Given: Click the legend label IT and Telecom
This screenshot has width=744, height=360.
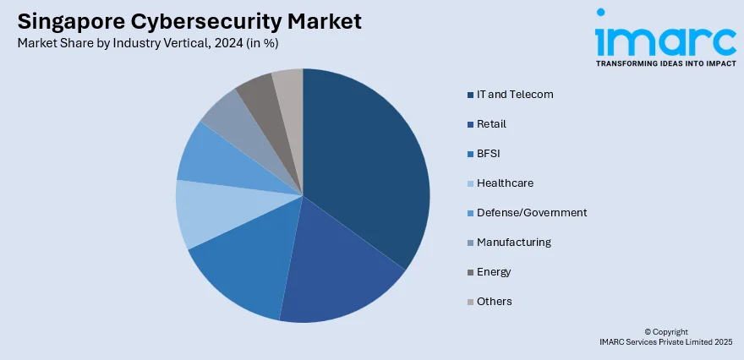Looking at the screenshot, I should [x=514, y=94].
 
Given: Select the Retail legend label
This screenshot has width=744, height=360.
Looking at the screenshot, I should [x=491, y=123].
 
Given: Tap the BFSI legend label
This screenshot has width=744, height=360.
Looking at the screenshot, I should [x=489, y=153].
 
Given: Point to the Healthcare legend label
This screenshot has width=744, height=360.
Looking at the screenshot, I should [x=505, y=183].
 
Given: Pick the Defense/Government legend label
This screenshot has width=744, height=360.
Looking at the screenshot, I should [x=531, y=212].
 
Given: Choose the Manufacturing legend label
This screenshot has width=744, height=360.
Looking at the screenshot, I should [x=513, y=242].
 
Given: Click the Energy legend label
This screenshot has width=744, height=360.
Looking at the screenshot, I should [x=494, y=271].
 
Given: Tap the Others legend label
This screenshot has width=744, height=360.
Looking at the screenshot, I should [x=494, y=301].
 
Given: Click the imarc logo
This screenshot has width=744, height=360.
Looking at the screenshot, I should [x=665, y=38].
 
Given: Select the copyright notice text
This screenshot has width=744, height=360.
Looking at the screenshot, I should [x=666, y=336].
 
